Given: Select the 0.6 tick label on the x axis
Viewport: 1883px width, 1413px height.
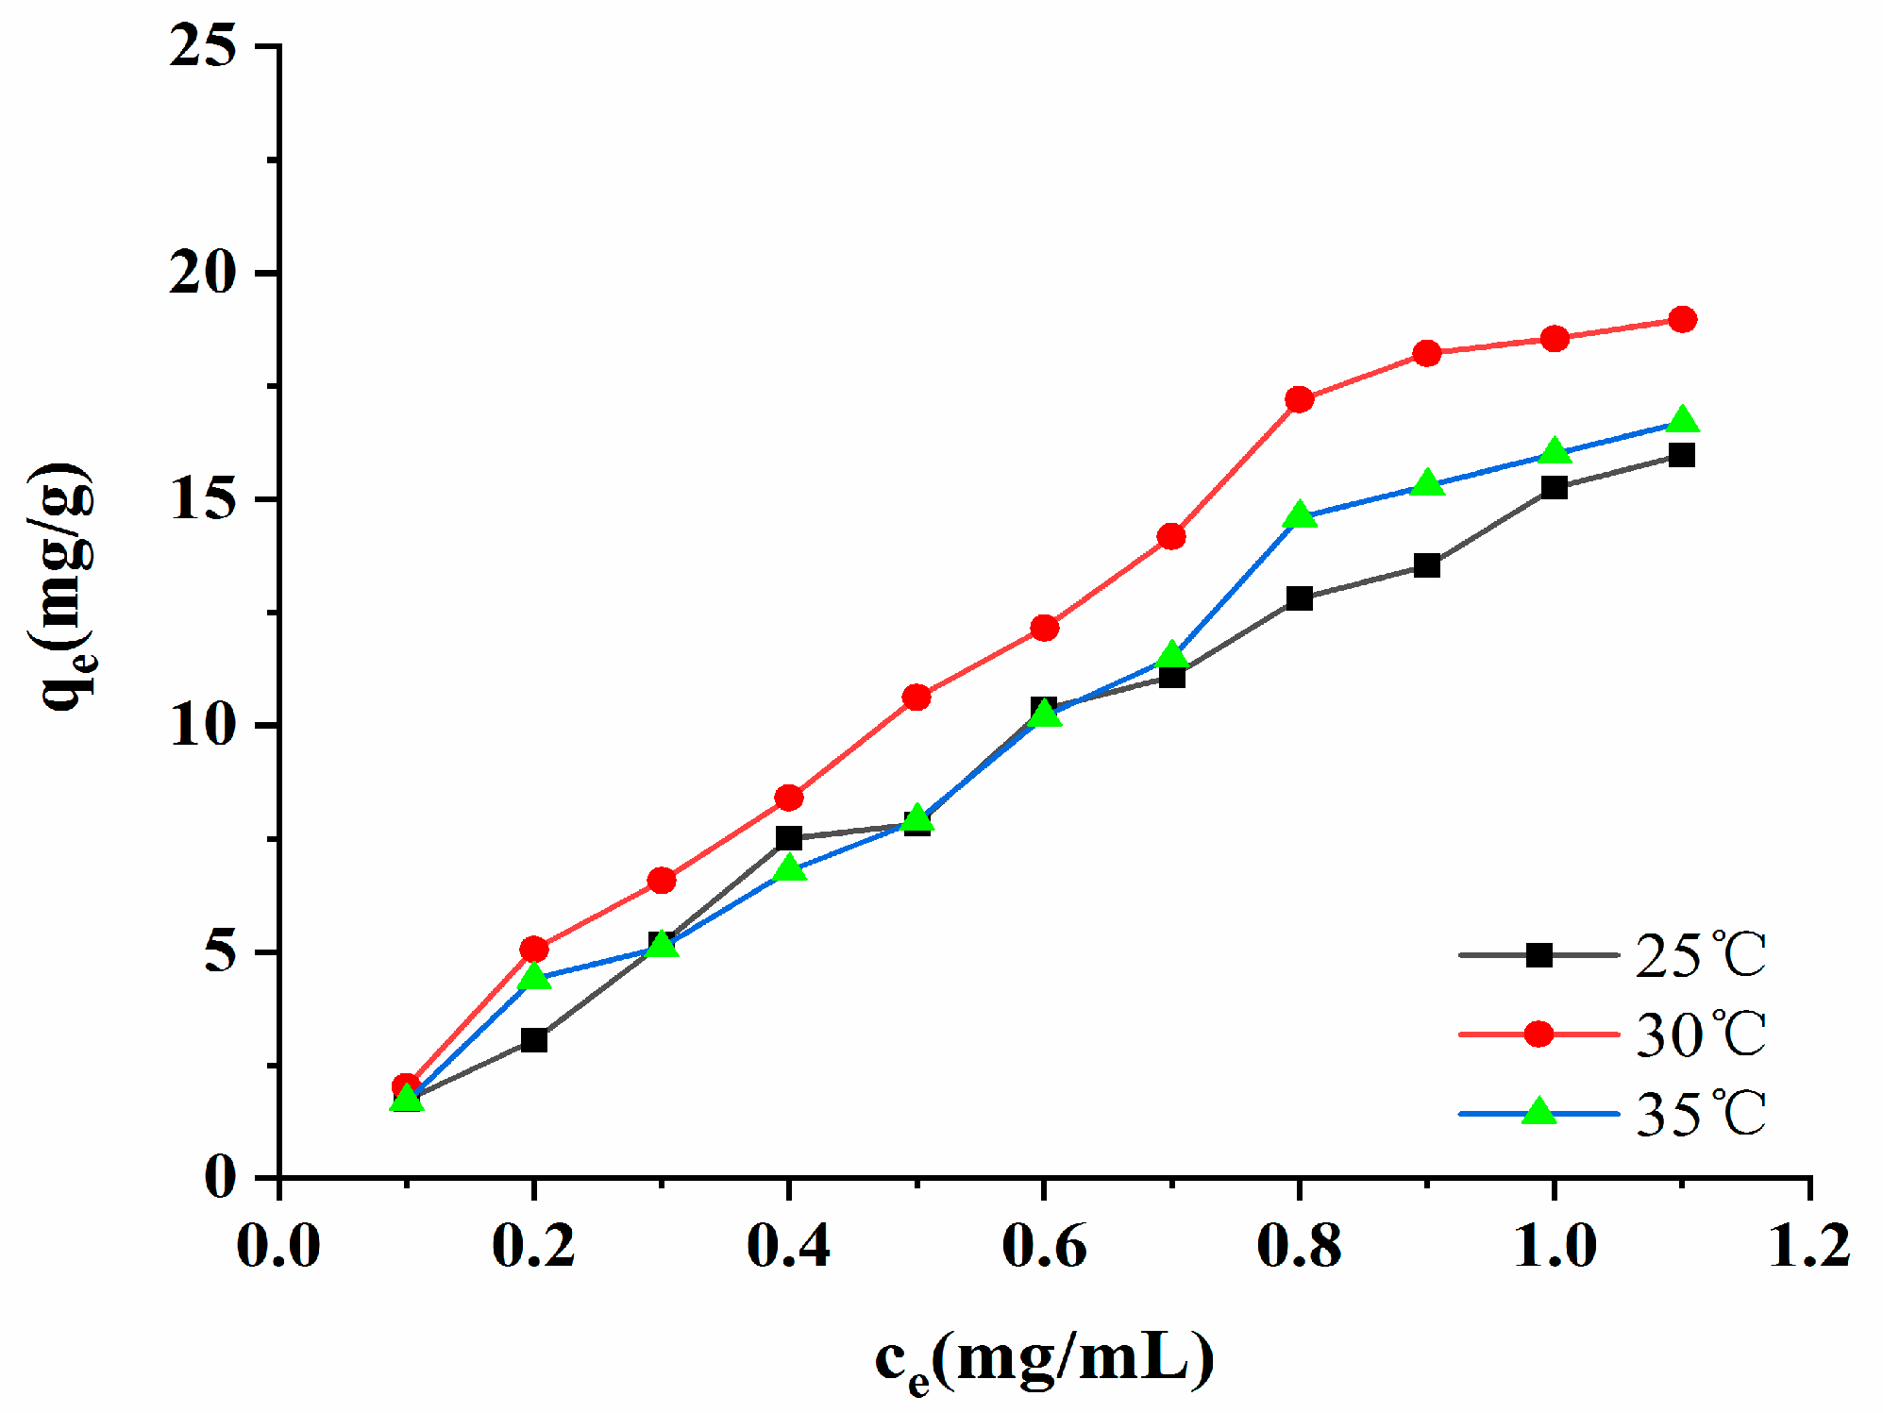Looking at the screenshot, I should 1044,1246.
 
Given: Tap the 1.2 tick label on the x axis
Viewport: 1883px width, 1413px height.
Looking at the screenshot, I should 1808,1246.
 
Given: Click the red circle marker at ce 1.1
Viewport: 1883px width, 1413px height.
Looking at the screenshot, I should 1682,319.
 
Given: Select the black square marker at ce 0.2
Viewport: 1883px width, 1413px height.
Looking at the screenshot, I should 534,1040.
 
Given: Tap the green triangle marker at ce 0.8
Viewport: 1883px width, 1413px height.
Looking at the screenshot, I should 1300,515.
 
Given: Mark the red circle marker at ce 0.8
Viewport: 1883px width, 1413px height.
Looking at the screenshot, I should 1300,399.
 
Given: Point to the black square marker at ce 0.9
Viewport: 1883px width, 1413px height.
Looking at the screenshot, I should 1427,566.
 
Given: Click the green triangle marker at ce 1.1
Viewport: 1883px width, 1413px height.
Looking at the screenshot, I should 1682,420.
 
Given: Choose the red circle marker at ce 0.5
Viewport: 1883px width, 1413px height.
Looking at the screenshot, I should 916,698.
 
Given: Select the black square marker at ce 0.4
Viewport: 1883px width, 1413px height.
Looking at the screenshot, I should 789,838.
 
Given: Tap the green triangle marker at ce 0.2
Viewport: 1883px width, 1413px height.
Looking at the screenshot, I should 534,976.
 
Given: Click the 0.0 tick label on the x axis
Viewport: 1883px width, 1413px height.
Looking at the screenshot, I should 279,1246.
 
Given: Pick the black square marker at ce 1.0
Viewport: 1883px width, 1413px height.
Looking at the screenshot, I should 1555,488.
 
